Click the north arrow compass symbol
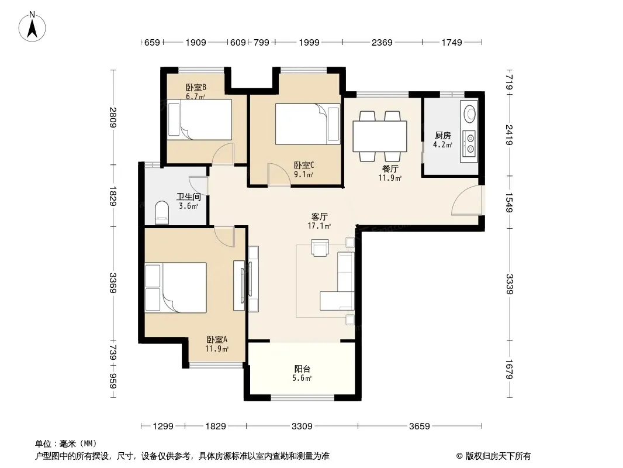coord(32,27)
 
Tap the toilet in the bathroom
coord(161,213)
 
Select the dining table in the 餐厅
coord(379,136)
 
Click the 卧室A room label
coord(217,339)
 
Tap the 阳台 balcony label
coord(302,369)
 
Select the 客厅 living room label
coord(319,216)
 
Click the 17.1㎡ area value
coord(319,226)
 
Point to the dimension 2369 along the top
coord(382,42)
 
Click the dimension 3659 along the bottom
coord(419,426)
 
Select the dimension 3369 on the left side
coord(113,283)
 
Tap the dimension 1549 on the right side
coord(510,202)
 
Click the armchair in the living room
coord(320,247)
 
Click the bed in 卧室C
coord(308,123)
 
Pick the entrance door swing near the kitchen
coord(466,200)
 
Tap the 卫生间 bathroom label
coord(188,197)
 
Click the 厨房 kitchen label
coord(442,136)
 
